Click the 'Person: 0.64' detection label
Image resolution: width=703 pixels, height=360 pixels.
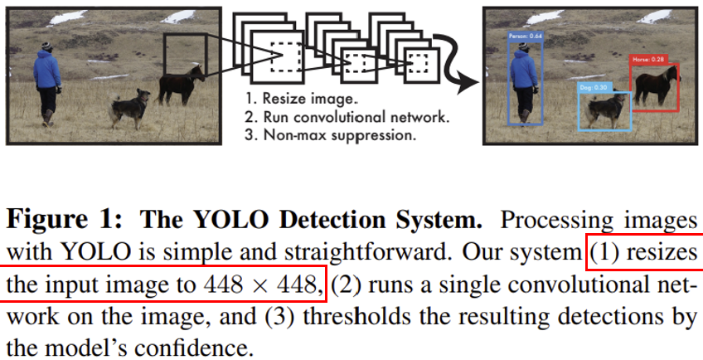click(x=525, y=36)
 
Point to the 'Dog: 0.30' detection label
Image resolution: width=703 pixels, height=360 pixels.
click(x=593, y=87)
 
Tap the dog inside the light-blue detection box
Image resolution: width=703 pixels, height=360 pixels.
click(x=606, y=107)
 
